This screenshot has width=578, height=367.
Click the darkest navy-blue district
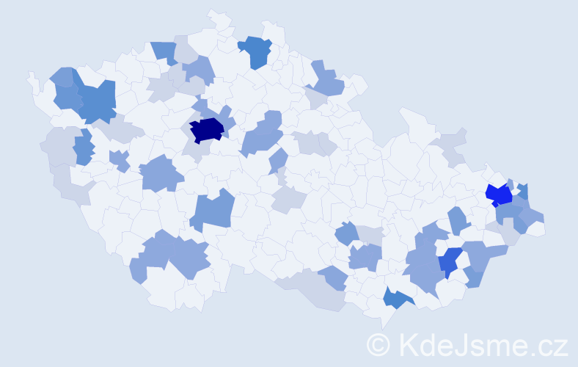(x=207, y=130)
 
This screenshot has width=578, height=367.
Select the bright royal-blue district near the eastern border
(x=500, y=195)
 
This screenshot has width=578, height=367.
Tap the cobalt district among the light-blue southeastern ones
(x=450, y=261)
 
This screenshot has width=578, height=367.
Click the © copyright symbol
(x=378, y=344)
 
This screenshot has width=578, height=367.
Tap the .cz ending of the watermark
(x=549, y=344)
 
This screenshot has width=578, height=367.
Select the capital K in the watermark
(x=410, y=344)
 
